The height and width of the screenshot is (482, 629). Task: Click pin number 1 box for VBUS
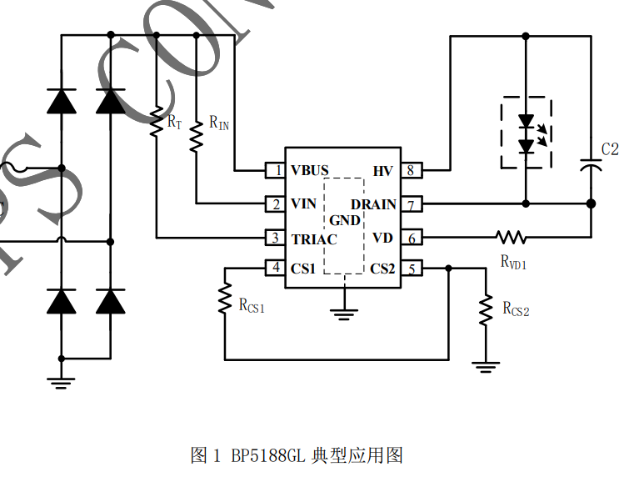point(275,171)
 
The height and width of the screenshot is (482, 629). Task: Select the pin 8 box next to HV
point(411,171)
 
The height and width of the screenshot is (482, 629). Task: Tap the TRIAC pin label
point(314,239)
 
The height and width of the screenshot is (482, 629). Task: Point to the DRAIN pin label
point(373,204)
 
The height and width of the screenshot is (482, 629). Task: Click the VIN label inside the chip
point(303,204)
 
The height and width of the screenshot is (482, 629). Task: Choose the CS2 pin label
point(382,269)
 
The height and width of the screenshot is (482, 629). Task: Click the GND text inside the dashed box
point(345,221)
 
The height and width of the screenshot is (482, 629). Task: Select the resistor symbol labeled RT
point(156,122)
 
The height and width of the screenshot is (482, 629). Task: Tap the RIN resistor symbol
point(197,137)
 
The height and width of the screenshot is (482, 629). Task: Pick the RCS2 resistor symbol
point(486,310)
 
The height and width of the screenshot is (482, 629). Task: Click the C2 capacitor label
point(610,149)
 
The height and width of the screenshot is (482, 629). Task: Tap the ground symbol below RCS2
point(486,365)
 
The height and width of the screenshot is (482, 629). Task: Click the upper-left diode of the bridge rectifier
point(61,101)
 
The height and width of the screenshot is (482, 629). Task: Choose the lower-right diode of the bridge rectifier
point(110,300)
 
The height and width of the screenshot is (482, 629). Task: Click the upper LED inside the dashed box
point(526,122)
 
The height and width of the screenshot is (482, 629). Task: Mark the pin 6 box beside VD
point(411,238)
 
